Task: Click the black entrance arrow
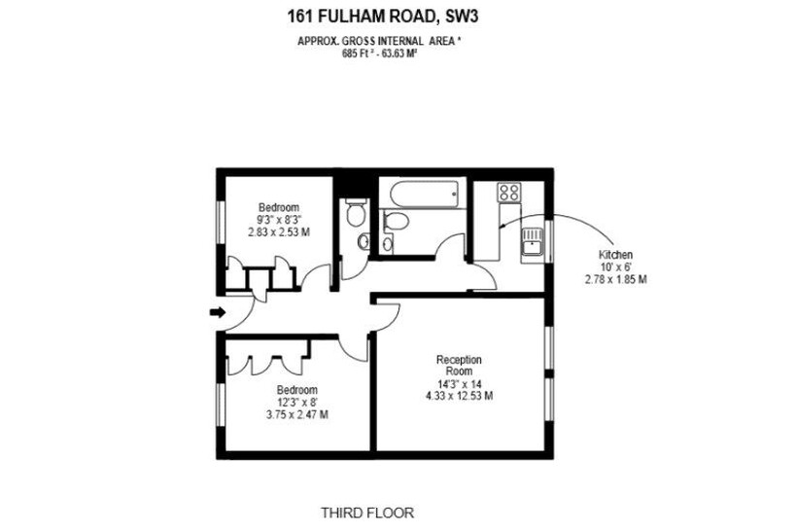[218, 312]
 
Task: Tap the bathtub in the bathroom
[424, 194]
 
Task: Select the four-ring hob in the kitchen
[509, 193]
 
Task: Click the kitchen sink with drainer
[533, 246]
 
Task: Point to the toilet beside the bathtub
[394, 221]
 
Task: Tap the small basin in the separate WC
[364, 241]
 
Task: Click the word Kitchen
[615, 255]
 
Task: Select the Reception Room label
[459, 365]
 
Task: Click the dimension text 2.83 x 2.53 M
[279, 231]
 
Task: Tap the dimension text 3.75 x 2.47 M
[296, 414]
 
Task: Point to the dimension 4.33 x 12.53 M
[459, 396]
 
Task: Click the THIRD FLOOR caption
[367, 513]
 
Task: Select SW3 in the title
[462, 17]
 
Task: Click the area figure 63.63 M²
[399, 53]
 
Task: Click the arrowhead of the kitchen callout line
[502, 227]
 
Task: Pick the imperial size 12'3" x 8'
[296, 403]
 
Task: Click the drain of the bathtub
[455, 194]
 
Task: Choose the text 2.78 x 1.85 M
[615, 279]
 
